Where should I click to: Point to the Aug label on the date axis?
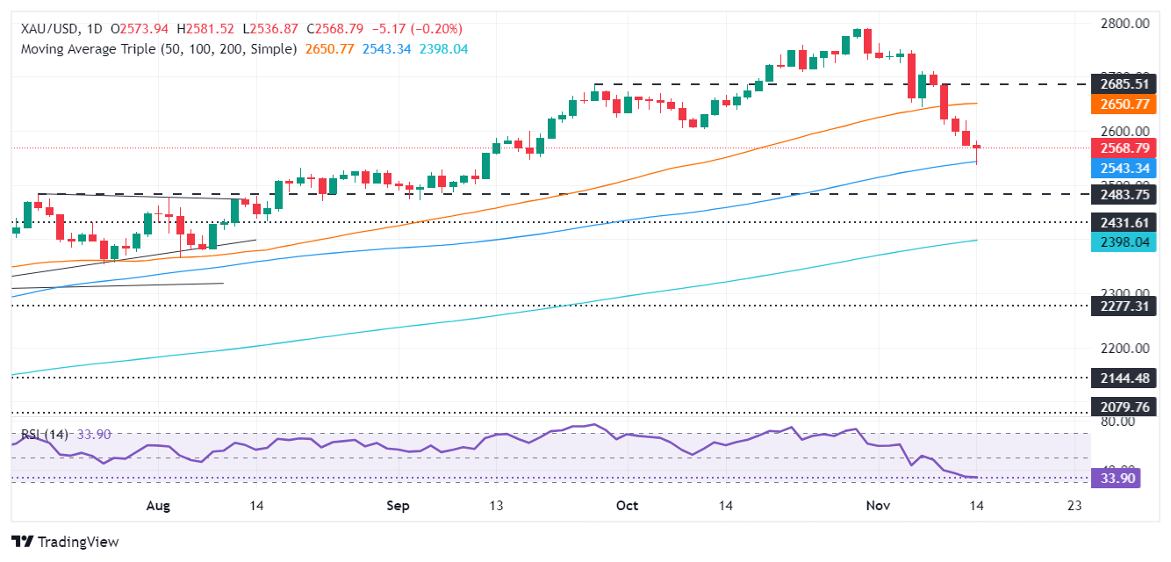pos(158,506)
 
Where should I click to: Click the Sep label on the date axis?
pos(398,506)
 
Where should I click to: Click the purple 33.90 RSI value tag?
pos(1115,478)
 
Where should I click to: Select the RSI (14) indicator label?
pos(42,434)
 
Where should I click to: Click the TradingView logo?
pos(64,542)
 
